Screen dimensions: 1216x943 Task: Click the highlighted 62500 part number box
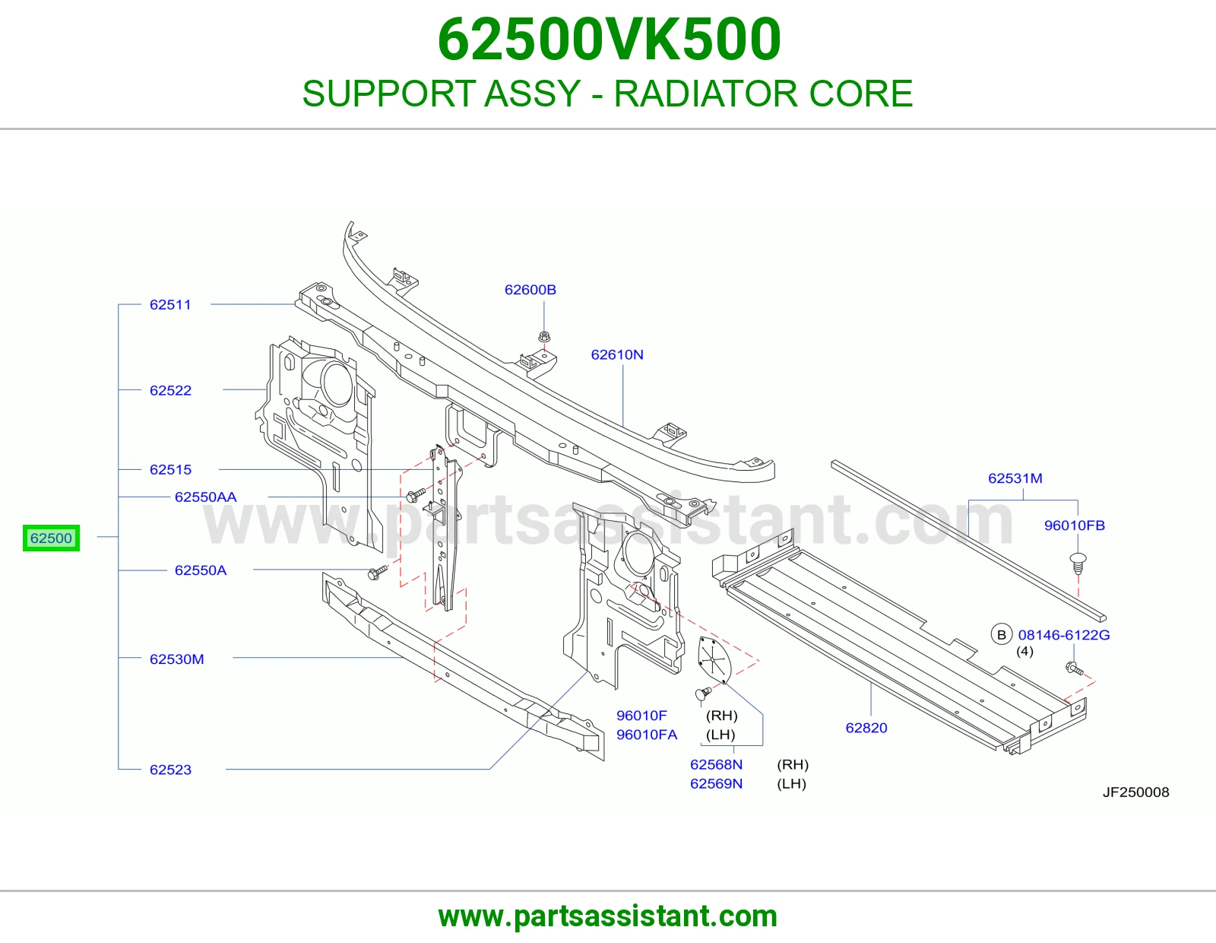(51, 538)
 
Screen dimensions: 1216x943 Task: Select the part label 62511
(170, 305)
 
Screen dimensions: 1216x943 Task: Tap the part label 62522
(170, 390)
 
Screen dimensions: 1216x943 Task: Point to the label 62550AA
(205, 497)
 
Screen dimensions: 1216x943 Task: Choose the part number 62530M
(176, 659)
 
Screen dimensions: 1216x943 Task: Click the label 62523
(170, 770)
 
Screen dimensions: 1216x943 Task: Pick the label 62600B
(530, 290)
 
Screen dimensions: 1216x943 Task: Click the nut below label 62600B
(544, 337)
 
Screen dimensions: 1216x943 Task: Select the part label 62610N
(616, 354)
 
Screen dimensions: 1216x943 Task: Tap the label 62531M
(1015, 478)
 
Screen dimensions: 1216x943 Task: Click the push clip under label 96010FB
(1078, 564)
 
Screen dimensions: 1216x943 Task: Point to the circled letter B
(1002, 634)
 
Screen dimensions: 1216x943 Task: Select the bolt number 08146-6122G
(1064, 634)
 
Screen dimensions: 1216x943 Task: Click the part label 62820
(866, 728)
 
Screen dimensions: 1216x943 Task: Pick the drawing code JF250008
(1136, 792)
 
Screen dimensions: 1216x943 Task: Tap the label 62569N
(716, 783)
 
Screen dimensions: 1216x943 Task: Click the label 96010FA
(646, 734)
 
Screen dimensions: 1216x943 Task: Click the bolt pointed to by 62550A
(377, 573)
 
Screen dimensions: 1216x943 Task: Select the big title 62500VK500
(609, 39)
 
